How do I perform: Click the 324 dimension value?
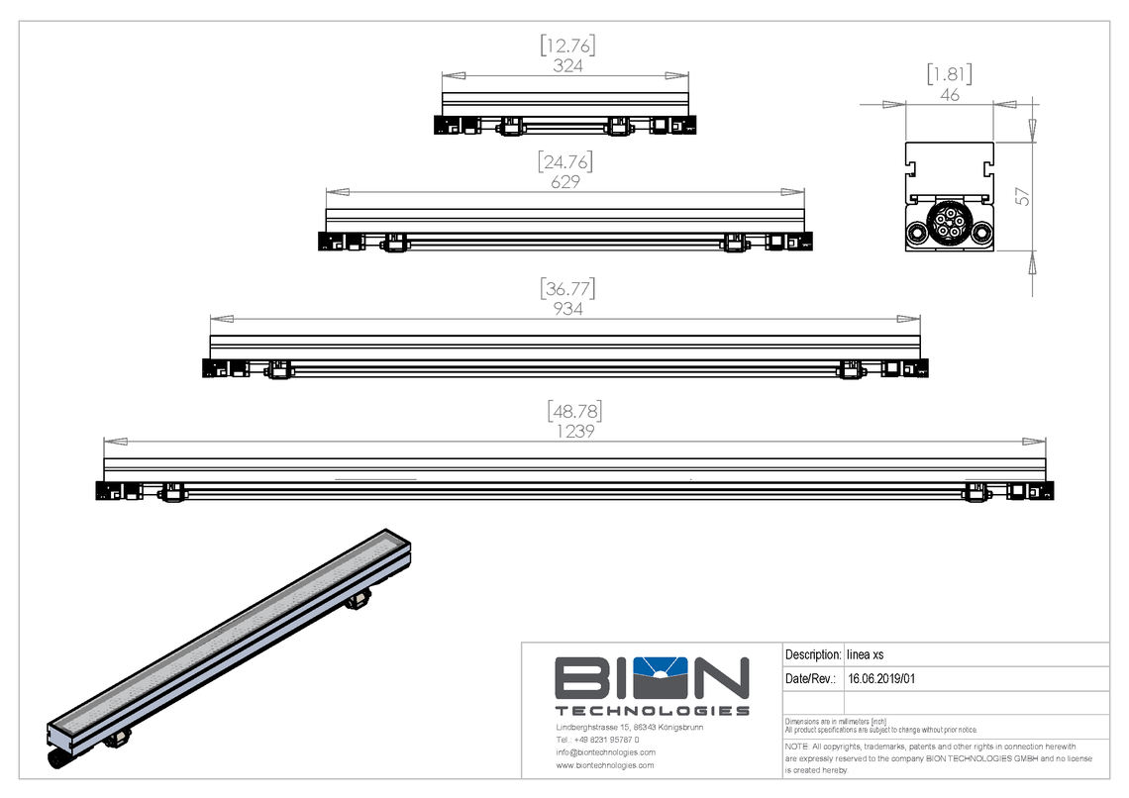[567, 66]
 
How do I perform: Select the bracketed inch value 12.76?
[567, 46]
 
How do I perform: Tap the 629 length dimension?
[564, 182]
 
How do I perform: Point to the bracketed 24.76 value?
[564, 161]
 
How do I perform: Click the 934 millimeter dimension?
[567, 309]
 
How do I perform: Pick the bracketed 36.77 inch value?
[567, 288]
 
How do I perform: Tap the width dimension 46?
[950, 95]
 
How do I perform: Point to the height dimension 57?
[1023, 196]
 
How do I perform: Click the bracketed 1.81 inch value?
[949, 74]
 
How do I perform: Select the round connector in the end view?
[949, 222]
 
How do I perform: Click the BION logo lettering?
[651, 678]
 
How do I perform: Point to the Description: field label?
[812, 654]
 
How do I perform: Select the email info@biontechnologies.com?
[605, 752]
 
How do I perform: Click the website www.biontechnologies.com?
[605, 765]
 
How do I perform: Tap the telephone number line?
[597, 740]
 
